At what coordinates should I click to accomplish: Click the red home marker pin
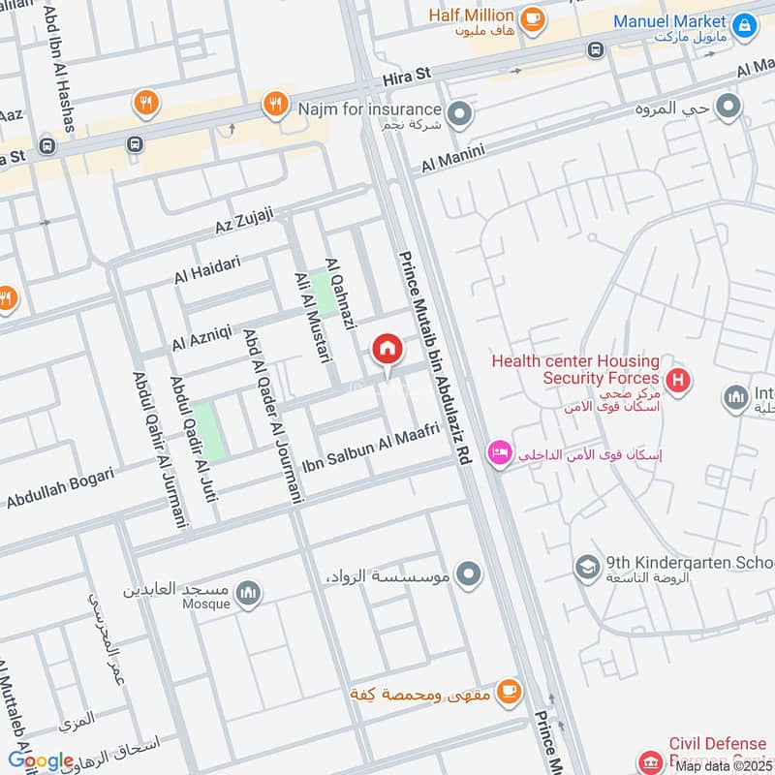[387, 349]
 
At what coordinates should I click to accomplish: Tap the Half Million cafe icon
[531, 17]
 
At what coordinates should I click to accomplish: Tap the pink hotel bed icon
[499, 453]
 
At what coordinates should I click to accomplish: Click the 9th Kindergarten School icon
[586, 566]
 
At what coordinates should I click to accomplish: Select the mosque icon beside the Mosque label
[248, 592]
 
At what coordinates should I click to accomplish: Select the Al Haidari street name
[206, 269]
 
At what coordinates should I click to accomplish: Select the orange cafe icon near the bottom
[508, 691]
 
